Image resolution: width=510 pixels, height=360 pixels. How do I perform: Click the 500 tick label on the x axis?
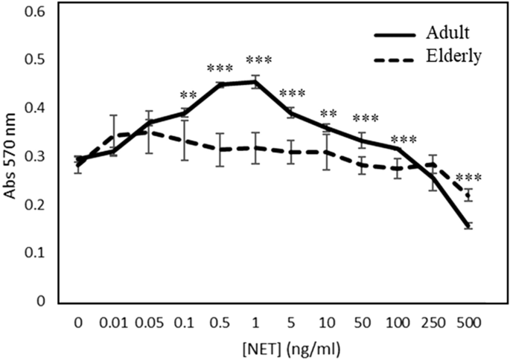(468, 323)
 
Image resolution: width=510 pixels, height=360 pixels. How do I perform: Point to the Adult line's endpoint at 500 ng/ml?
(468, 226)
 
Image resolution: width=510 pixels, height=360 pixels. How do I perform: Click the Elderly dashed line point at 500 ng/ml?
(468, 195)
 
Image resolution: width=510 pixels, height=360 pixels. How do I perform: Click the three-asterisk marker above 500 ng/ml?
(468, 179)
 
